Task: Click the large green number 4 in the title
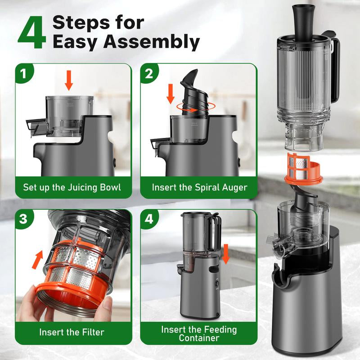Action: coord(32,33)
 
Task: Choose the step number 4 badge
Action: coord(149,220)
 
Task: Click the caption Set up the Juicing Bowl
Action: coord(72,187)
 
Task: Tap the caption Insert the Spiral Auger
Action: coord(199,187)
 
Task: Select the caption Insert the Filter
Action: coord(72,333)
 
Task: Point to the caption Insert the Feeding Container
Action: coord(199,333)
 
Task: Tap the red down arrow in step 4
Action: coord(226,253)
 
